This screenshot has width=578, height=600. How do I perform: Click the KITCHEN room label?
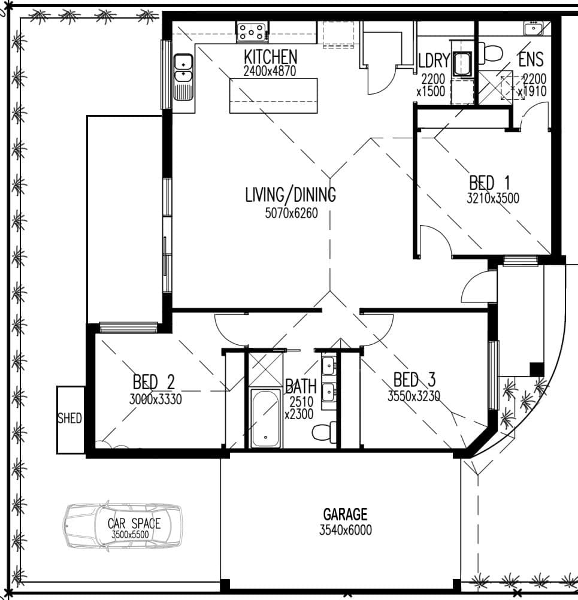point(270,57)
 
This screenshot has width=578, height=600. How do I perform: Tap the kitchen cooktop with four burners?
point(252,32)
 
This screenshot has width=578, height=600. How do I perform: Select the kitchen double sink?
point(183,77)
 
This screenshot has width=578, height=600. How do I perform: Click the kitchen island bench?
point(273,96)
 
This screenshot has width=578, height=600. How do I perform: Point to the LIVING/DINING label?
point(290,195)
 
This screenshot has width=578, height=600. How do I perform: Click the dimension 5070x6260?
point(291,213)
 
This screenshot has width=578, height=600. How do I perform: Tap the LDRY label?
point(434,60)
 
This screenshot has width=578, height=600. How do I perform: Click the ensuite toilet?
point(491,53)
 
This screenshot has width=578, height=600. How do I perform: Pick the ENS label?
point(531,59)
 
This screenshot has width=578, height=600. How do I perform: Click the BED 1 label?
point(489,183)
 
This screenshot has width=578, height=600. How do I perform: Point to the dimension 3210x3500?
point(492,198)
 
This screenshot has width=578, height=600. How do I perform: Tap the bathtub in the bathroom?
point(265,418)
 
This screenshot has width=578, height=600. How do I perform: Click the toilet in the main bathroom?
point(324,432)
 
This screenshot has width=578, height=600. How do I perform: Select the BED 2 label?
point(153,382)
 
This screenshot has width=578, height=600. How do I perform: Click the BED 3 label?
point(414,380)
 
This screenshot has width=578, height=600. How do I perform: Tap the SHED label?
point(69,418)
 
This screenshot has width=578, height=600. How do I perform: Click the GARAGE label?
point(345,514)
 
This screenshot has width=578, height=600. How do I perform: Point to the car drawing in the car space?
point(123,526)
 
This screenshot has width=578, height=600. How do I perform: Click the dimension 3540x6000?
point(346,530)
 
